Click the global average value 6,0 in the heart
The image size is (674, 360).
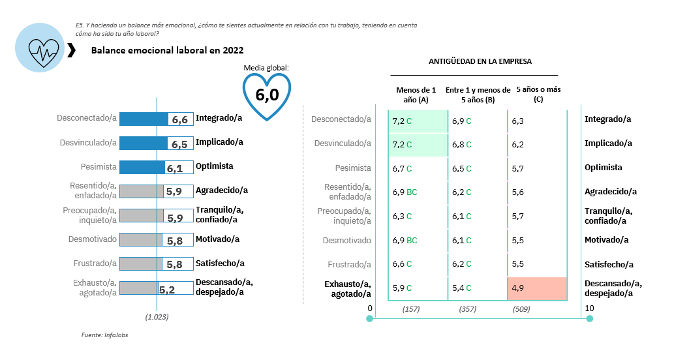pos(267,95)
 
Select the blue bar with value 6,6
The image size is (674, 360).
pos(144,119)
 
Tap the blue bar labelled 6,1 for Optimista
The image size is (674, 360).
pos(142,166)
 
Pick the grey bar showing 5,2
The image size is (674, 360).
pos(139,288)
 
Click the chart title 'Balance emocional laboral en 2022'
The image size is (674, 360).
pos(168,50)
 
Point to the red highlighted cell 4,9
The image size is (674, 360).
pos(537,288)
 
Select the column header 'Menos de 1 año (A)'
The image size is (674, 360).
pos(412,95)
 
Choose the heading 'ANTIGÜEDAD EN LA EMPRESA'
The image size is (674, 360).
pos(480,62)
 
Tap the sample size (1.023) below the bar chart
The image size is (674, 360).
pos(157,317)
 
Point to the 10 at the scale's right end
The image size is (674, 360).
pos(589,308)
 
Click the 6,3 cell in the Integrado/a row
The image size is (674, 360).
pos(518,121)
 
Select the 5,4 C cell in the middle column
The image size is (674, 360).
pos(462,288)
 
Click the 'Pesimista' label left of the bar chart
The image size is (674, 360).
pos(99,166)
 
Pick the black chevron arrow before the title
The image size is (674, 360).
pos(71,50)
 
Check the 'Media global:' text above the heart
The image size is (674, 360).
pos(266,67)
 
